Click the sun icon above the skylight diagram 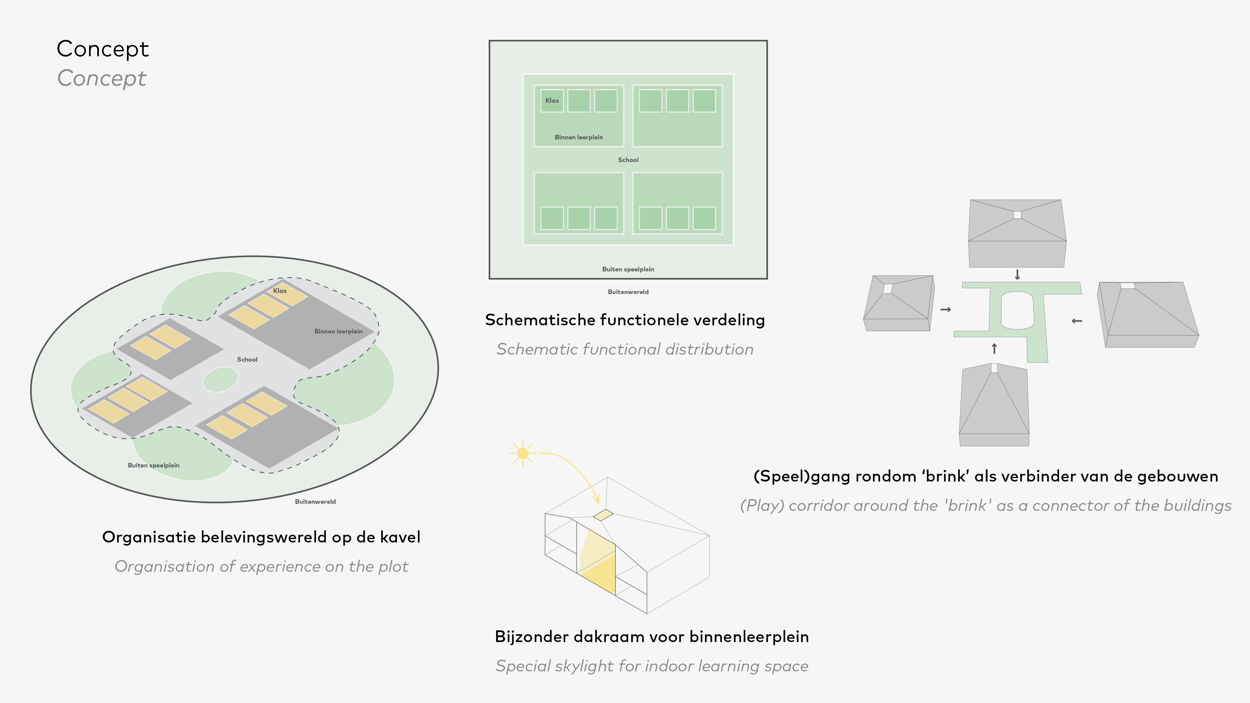(523, 453)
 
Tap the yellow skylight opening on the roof (603, 515)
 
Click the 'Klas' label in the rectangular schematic (552, 100)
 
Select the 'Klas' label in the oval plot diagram (280, 291)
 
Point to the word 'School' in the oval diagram (247, 359)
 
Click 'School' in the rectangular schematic (628, 160)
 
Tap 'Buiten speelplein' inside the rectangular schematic (628, 269)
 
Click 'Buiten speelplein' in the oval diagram (154, 465)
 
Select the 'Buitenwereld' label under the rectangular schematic (628, 292)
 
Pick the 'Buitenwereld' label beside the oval (315, 501)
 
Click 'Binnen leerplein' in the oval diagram (338, 331)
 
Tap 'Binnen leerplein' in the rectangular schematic (579, 137)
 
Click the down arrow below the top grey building (1018, 275)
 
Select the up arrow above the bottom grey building (994, 348)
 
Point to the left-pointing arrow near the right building (1077, 321)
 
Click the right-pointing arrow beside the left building (946, 309)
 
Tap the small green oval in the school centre (220, 379)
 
